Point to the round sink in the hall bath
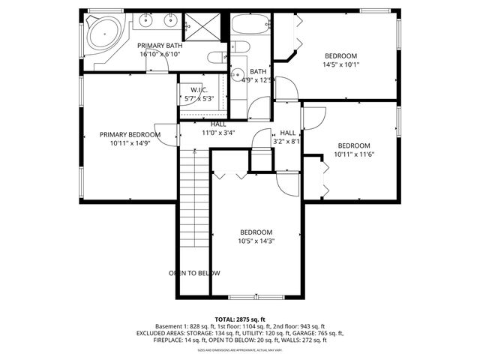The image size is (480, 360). (x=236, y=74)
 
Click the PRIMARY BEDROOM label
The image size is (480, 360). (x=130, y=135)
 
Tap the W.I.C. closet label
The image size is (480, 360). (x=199, y=90)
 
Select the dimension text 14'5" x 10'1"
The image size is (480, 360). (x=340, y=65)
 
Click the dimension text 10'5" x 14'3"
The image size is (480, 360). (x=256, y=241)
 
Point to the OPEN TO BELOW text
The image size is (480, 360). (x=188, y=273)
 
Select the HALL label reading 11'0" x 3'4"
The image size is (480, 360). (x=218, y=132)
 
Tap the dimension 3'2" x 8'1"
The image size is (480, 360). (x=286, y=140)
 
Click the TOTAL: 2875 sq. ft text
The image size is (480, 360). (x=239, y=319)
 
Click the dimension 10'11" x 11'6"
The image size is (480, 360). (x=353, y=154)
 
